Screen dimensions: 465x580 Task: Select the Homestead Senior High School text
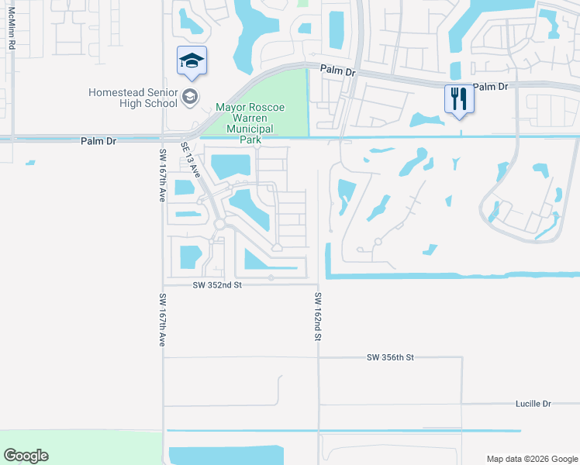point(133,98)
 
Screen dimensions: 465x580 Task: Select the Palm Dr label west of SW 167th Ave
point(98,142)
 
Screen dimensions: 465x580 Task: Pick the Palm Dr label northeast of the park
point(337,70)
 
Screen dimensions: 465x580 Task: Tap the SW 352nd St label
point(218,285)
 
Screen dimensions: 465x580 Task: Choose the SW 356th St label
point(391,357)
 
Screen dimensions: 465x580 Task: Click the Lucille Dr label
point(533,404)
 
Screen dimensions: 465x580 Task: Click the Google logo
point(26,456)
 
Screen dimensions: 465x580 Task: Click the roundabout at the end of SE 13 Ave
point(220,224)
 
